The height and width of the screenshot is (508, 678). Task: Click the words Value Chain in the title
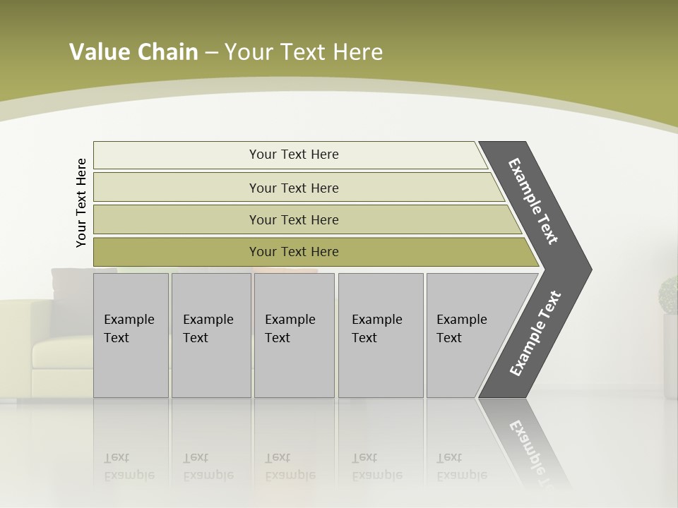click(x=133, y=52)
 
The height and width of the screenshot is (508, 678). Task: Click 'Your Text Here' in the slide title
click(x=304, y=52)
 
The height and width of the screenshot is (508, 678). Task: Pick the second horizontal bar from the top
click(x=293, y=188)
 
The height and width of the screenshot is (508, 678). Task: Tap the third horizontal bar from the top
click(x=293, y=219)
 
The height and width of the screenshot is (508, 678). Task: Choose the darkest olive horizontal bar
click(x=293, y=252)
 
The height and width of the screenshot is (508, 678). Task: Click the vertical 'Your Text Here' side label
click(x=81, y=202)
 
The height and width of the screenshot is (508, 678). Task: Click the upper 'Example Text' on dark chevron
click(x=533, y=201)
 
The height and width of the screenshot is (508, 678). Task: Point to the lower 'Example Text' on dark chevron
click(x=535, y=334)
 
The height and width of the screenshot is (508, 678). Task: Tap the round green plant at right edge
click(x=668, y=295)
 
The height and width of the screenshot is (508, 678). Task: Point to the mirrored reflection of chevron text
click(x=531, y=452)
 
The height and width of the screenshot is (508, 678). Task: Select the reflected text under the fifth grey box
click(x=461, y=466)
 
